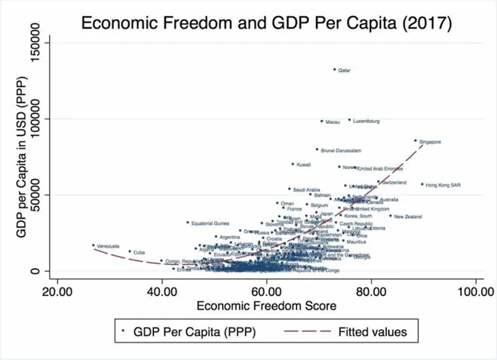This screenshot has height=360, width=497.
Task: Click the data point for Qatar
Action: click(x=335, y=69)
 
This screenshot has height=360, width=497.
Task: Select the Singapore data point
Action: click(x=416, y=140)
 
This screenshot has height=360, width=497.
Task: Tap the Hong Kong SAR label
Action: click(x=443, y=185)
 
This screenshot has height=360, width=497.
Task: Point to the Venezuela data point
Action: click(x=94, y=245)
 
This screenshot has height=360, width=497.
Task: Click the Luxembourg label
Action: click(x=366, y=121)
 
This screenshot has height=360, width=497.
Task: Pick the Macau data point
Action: click(x=321, y=121)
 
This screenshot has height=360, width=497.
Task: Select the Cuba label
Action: click(x=139, y=252)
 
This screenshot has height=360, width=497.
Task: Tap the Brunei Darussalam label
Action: click(x=341, y=150)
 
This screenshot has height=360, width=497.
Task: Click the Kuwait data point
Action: click(x=293, y=164)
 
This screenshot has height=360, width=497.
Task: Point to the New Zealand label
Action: click(x=408, y=217)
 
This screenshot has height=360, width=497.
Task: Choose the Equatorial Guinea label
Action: click(x=210, y=223)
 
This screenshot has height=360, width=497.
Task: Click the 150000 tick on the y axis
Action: click(x=33, y=42)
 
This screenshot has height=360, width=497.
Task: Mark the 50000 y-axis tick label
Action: click(x=33, y=195)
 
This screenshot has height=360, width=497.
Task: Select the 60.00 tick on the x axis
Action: click(x=266, y=291)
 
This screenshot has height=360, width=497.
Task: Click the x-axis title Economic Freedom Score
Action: click(x=265, y=306)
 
